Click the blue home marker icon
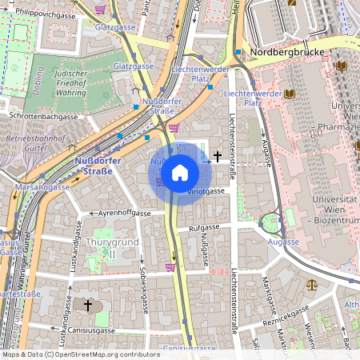pyautogui.click(x=180, y=174)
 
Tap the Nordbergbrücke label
pyautogui.click(x=287, y=53)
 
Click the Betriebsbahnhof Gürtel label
pyautogui.click(x=32, y=143)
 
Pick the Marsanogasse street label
pyautogui.click(x=42, y=187)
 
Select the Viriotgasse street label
pyautogui.click(x=206, y=192)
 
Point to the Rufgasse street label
pyautogui.click(x=204, y=228)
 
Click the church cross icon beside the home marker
pyautogui.click(x=217, y=159)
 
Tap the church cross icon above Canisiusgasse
pyautogui.click(x=88, y=306)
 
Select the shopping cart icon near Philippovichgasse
pyautogui.click(x=100, y=9)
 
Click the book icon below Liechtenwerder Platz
pyautogui.click(x=290, y=94)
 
